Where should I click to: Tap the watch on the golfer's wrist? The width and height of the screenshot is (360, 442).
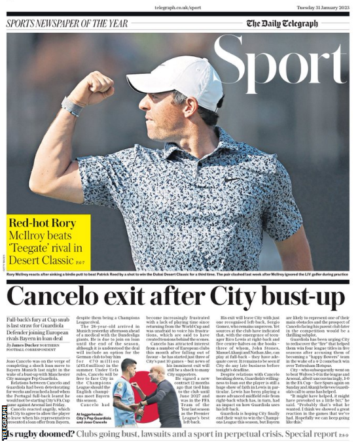coord(72,107)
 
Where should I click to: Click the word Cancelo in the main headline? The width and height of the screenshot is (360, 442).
coord(59,298)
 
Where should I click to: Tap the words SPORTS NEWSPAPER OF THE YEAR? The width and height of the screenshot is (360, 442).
coord(67,24)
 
